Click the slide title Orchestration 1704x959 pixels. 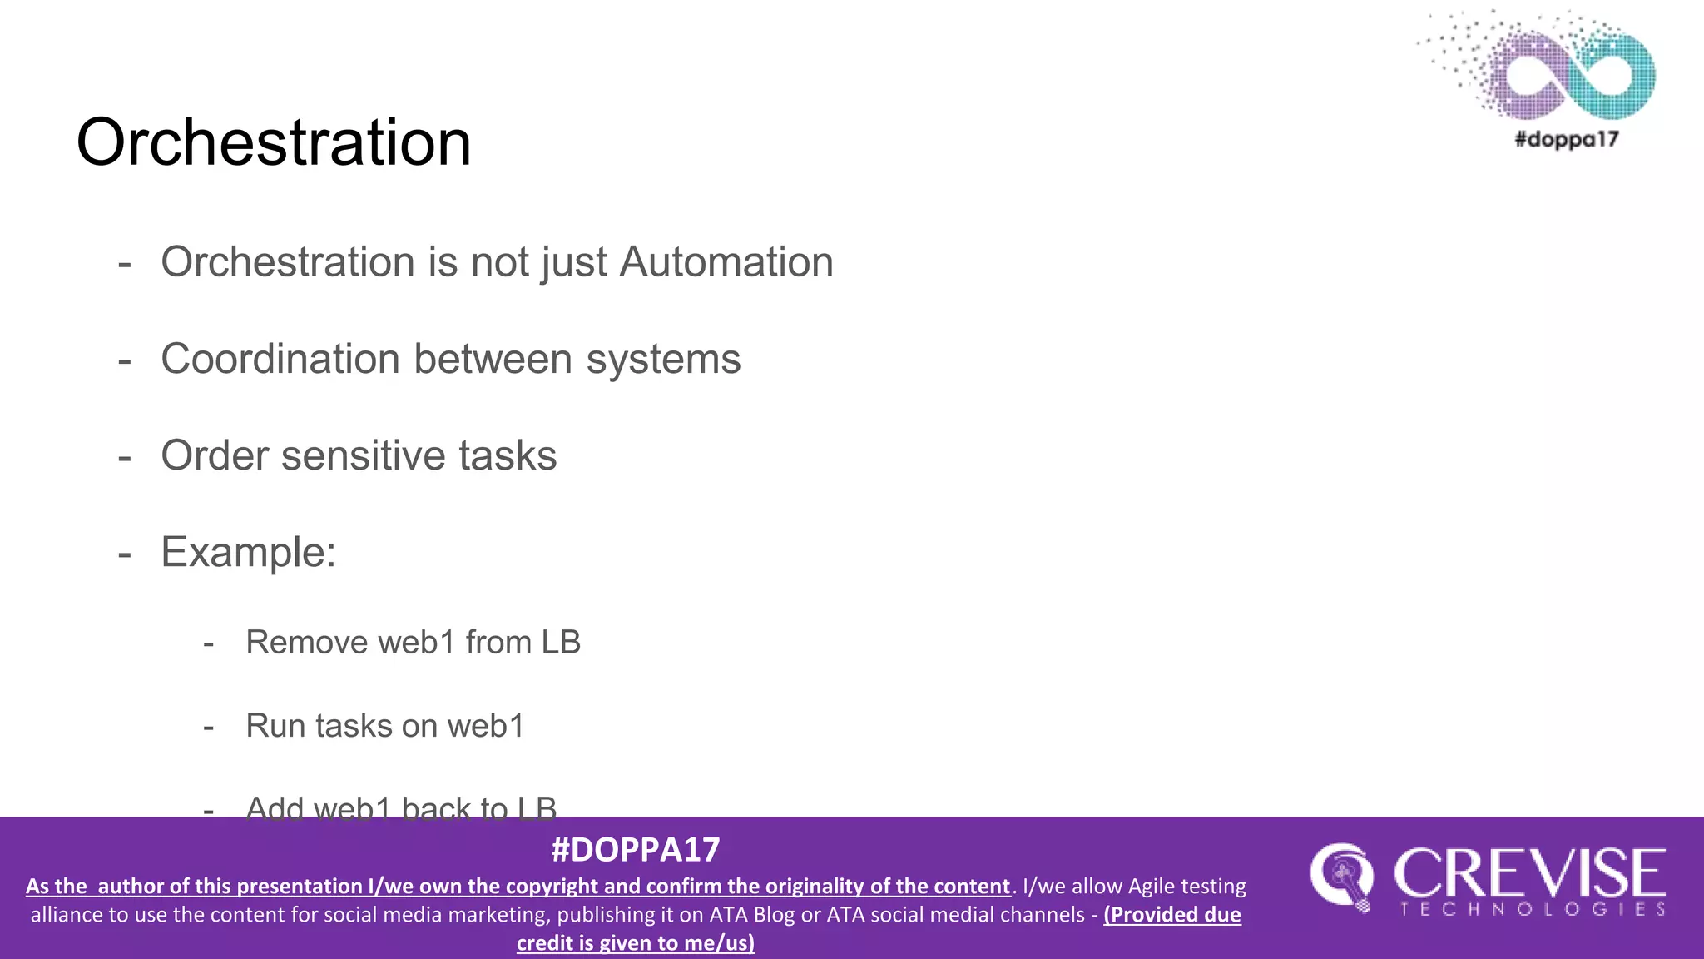pos(274,142)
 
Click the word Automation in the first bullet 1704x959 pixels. pos(726,262)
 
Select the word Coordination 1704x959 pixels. pos(280,360)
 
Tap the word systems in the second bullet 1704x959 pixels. pos(663,360)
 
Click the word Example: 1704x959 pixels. pos(249,552)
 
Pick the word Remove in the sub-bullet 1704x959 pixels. pos(306,643)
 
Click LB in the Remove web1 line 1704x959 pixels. pos(561,643)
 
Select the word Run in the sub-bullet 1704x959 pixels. pos(270,726)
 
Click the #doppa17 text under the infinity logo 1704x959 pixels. pos(1567,139)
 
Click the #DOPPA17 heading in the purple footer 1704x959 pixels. pos(636,850)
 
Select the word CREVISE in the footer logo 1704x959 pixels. pos(1529,873)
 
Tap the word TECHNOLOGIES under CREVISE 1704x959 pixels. pos(1533,909)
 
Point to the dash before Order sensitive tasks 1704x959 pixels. pos(125,458)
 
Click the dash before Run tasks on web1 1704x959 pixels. pos(209,728)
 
